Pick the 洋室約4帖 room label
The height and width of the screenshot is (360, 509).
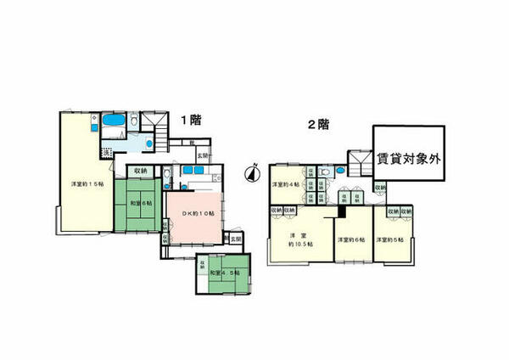coord(285,184)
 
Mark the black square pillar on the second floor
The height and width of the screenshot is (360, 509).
coord(344,197)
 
